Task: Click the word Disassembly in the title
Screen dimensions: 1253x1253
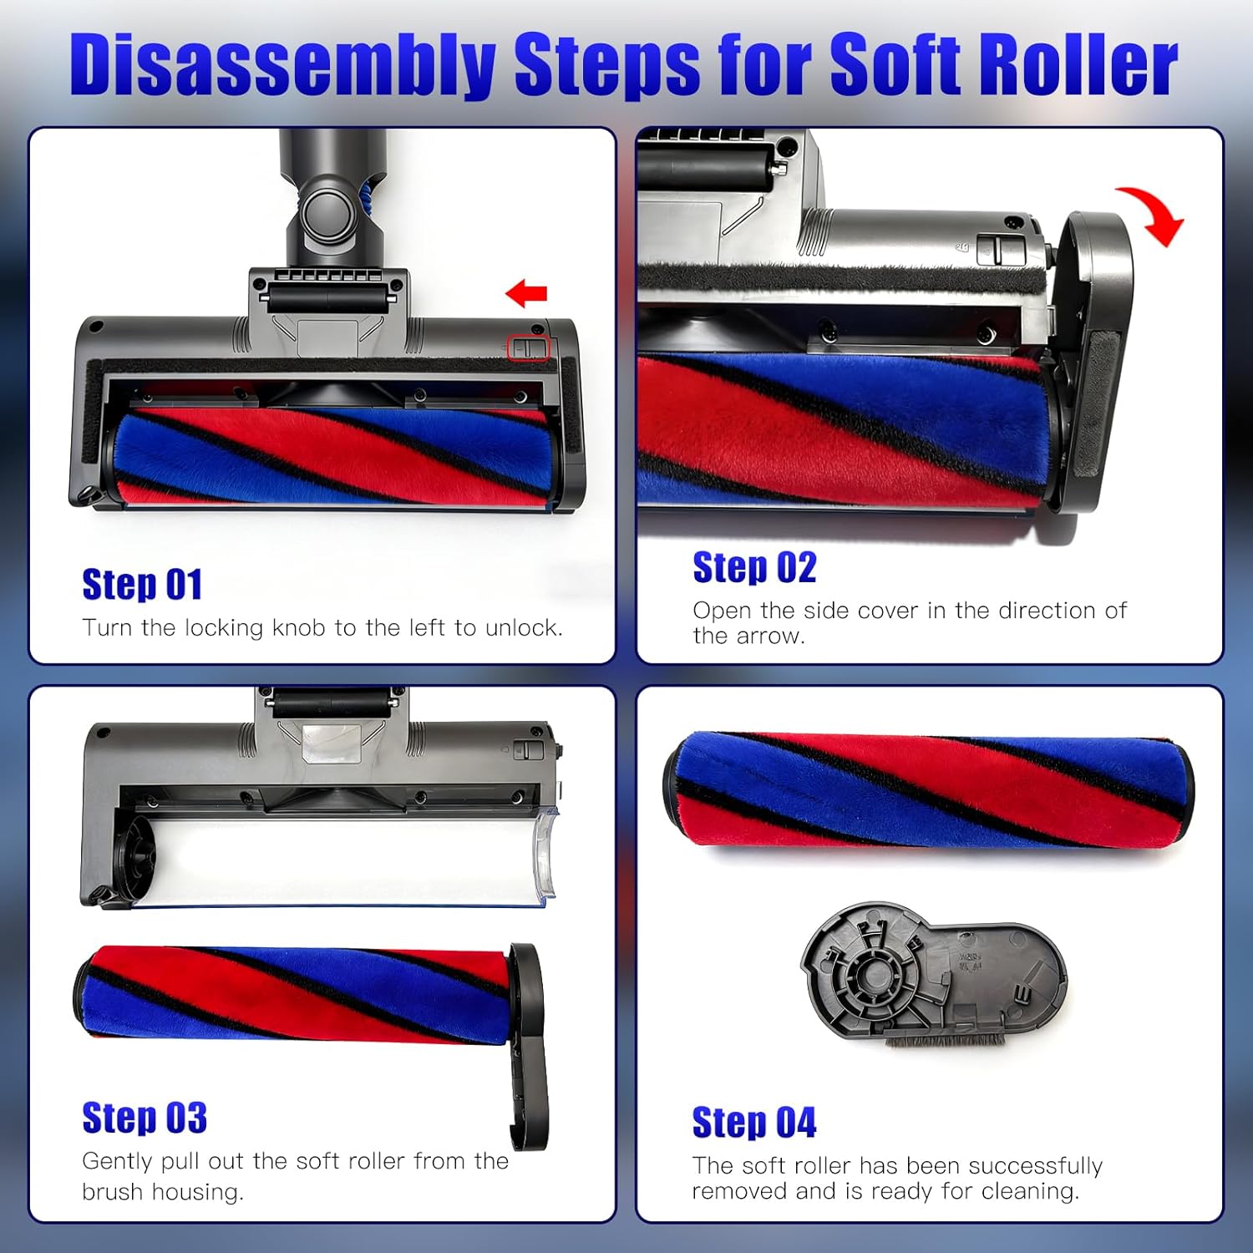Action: click(283, 65)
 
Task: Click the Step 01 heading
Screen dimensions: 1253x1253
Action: click(142, 585)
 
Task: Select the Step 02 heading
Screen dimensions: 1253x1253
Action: click(754, 567)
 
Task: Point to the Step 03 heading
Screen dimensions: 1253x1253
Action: click(145, 1118)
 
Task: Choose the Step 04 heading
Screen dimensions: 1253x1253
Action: click(754, 1122)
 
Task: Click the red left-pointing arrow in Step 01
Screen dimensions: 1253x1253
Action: click(526, 293)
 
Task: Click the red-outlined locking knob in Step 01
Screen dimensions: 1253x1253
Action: click(529, 348)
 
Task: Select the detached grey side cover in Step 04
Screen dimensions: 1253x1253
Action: click(934, 973)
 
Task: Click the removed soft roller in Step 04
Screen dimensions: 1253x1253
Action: click(929, 790)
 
